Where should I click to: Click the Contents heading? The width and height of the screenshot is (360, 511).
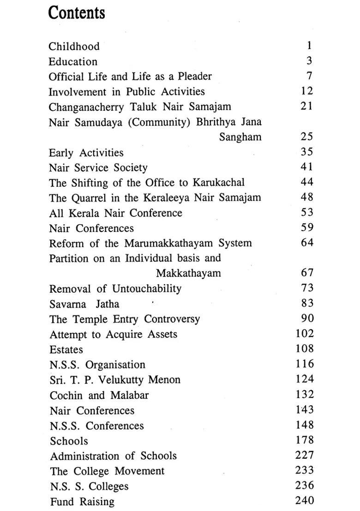click(77, 13)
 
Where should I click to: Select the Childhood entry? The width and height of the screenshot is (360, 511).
click(74, 47)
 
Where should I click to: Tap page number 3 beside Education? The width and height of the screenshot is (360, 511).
click(309, 61)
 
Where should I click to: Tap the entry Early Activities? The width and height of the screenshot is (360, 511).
click(86, 153)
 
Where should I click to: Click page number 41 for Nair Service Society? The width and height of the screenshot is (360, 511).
click(306, 167)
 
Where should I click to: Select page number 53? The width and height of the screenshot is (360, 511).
click(306, 213)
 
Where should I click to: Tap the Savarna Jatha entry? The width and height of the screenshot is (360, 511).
click(84, 304)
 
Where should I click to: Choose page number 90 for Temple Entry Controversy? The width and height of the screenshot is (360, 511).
click(306, 318)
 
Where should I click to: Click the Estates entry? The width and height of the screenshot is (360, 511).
click(66, 350)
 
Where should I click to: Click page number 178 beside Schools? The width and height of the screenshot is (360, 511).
click(304, 440)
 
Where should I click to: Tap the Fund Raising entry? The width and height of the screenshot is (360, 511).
click(82, 501)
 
